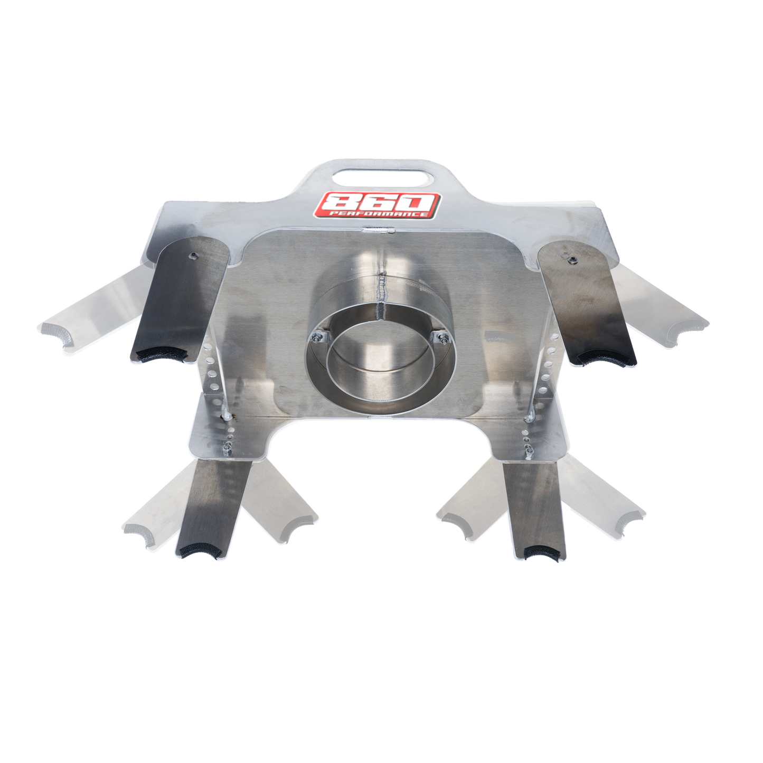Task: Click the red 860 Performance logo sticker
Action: pyautogui.click(x=376, y=205)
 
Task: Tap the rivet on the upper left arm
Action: pyautogui.click(x=193, y=256)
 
